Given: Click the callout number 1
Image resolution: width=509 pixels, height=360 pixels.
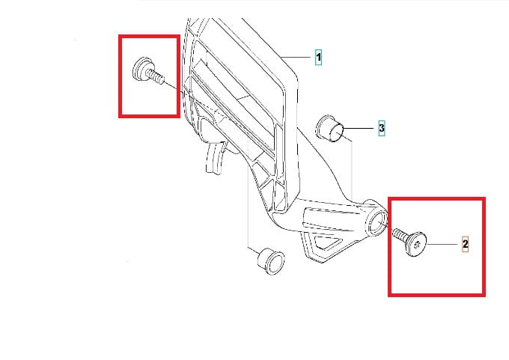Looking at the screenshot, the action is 318,58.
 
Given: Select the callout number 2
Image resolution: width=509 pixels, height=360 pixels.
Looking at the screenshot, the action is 465,244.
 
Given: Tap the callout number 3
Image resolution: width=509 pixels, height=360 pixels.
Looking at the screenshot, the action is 382,128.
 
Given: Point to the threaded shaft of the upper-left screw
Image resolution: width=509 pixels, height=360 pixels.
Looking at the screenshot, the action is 156,76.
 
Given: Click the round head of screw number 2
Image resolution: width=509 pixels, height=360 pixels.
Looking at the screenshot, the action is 416,244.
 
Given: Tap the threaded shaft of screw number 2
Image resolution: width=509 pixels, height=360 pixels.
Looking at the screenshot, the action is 399,235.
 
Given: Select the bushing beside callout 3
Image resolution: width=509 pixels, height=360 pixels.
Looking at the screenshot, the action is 329,129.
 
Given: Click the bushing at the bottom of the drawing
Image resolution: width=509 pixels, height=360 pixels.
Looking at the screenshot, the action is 271,261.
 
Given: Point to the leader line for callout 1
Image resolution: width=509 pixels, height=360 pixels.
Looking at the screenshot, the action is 296,58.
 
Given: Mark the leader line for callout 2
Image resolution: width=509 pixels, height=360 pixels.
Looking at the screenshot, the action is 442,244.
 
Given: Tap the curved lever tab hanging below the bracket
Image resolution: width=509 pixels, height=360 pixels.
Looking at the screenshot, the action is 215,157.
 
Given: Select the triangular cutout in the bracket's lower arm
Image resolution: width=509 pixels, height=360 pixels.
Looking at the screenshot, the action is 327,242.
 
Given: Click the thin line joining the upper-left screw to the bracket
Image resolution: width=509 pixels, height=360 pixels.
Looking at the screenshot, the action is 171,85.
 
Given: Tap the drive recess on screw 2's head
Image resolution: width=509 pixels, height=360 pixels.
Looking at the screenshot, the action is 417,244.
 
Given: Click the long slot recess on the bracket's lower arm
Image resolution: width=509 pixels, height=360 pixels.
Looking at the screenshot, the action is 331,218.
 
